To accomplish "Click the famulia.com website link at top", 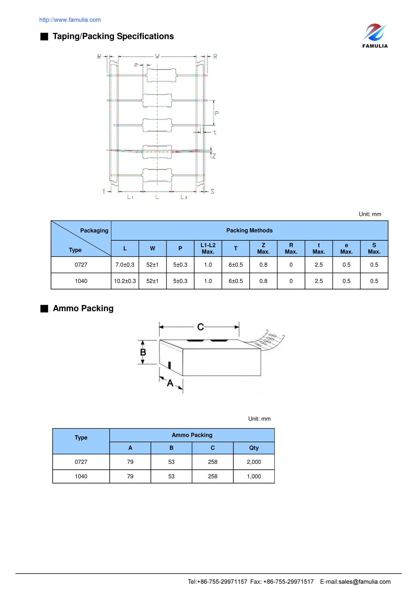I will click(x=70, y=20).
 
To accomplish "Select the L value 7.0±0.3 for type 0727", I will click(x=125, y=265).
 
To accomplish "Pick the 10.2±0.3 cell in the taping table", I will click(x=125, y=281).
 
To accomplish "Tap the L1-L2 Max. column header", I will click(x=208, y=248).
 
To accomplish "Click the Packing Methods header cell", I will click(x=249, y=231).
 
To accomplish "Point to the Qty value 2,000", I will click(x=254, y=462).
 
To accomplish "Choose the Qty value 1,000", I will click(x=254, y=476).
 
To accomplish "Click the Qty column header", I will click(x=254, y=448).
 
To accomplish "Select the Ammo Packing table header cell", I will click(x=192, y=435).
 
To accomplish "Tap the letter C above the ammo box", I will click(x=200, y=327).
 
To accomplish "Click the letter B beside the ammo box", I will click(x=143, y=352).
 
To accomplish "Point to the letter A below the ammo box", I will click(x=170, y=383).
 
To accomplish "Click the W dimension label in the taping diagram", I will click(x=157, y=56).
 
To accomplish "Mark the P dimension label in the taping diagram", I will click(x=217, y=114).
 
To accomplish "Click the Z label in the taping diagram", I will click(x=214, y=156).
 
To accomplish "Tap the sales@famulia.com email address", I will click(x=365, y=581).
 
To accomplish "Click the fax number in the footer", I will click(x=288, y=581).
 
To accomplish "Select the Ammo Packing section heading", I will click(x=83, y=309).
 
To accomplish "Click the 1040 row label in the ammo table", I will click(x=81, y=476).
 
